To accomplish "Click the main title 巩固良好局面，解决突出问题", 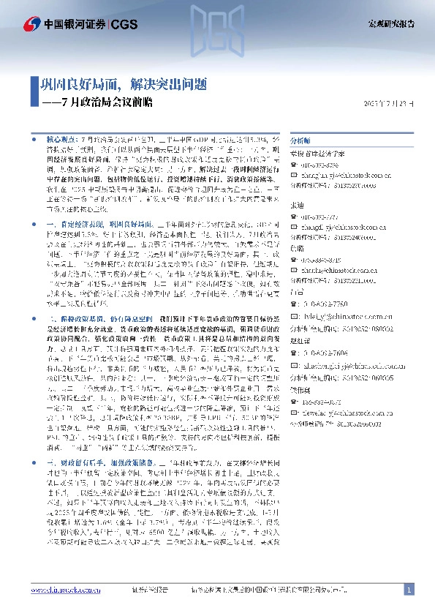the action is click(x=124, y=85).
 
